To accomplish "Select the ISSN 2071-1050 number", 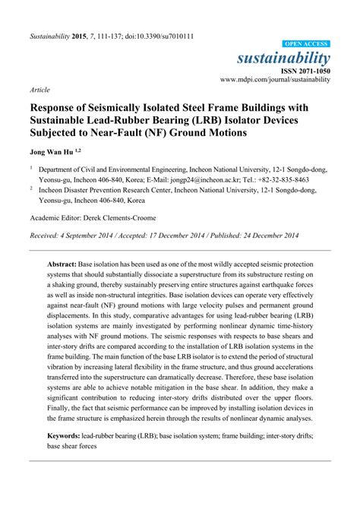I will tap(303, 70).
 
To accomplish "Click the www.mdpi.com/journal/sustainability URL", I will tap(275, 79).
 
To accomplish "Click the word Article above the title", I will tap(39, 90).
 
